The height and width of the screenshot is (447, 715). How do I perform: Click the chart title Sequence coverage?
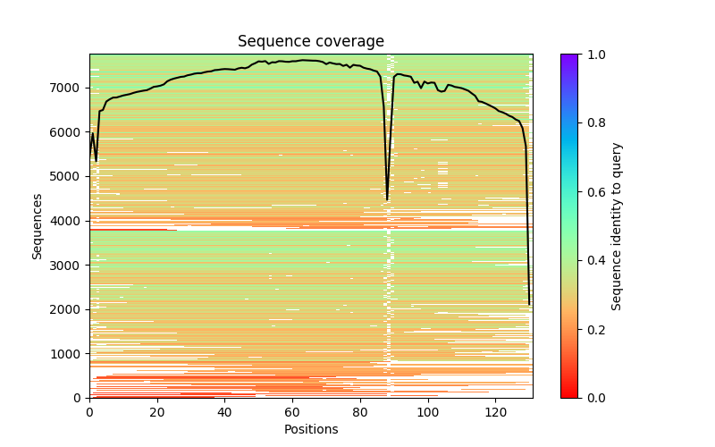[x=310, y=42]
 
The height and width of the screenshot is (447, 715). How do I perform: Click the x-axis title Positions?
[x=310, y=429]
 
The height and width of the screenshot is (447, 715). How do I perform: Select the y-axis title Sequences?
[x=38, y=226]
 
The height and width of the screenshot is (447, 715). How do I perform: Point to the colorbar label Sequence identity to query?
[x=617, y=226]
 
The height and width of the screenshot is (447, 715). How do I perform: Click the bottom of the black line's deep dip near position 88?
[x=387, y=199]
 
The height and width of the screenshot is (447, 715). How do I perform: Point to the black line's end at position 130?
[x=529, y=304]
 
